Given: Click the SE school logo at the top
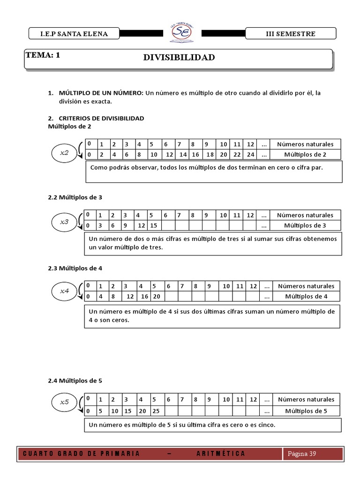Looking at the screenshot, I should coord(180,32).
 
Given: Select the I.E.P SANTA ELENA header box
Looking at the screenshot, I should coord(68,34).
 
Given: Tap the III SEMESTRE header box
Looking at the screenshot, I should coord(291,34).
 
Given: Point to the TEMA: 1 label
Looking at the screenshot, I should coord(43,55).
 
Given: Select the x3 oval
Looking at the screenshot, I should coord(65,222).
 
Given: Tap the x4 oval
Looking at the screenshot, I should coord(65,292).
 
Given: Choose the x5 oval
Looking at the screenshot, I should coord(65,402).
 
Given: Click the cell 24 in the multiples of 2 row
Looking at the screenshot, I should coord(250,155).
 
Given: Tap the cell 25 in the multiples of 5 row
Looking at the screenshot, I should coord(156,411).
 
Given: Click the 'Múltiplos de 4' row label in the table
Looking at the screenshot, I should coord(306,297).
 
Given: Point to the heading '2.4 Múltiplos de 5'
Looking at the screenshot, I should coord(75,381).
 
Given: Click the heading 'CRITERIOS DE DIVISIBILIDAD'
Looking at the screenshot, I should coord(101,119).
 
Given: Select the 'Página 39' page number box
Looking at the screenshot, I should coord(302,453).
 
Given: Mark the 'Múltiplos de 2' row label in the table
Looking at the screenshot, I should coord(305,155).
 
